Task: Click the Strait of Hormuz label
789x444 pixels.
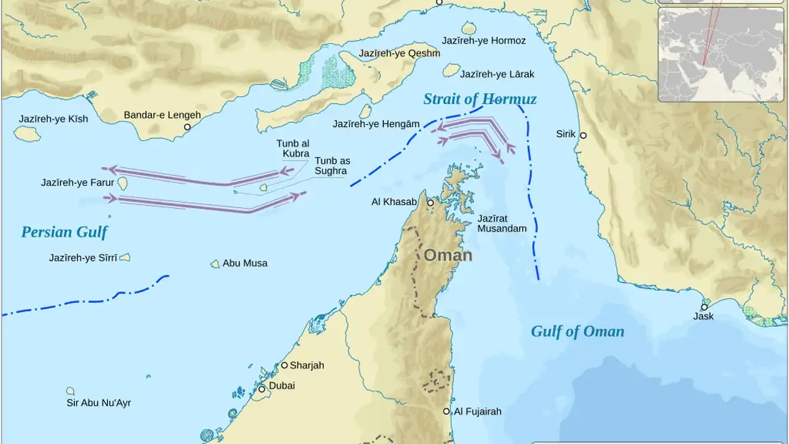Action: point(480,99)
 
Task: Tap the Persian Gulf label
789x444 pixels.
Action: point(64,232)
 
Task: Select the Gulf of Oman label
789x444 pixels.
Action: point(577,332)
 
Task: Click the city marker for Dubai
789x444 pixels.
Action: point(262,389)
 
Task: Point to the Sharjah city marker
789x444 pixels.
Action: point(285,365)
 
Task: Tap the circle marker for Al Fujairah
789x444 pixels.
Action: point(446,411)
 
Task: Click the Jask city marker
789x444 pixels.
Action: point(704,307)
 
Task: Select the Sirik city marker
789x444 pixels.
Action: point(583,135)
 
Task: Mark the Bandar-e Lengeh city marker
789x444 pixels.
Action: point(187,127)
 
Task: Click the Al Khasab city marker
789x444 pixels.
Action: point(431,203)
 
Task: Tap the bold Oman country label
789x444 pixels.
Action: point(448,255)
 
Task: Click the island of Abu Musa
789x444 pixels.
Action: point(214,264)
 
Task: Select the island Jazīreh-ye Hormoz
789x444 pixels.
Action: point(469,28)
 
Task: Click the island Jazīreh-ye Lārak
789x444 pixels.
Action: point(450,70)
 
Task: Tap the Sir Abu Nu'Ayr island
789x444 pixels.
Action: point(70,391)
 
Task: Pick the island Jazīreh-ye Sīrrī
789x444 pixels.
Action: point(124,257)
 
